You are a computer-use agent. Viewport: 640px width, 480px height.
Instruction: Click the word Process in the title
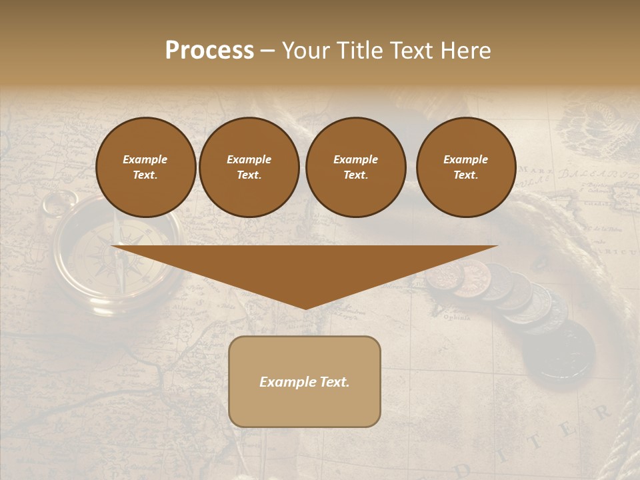(x=209, y=51)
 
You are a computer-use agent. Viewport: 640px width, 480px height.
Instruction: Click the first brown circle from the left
(x=145, y=167)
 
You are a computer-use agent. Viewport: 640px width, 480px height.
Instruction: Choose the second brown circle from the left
(x=249, y=167)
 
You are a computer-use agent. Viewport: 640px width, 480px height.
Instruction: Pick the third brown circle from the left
(x=355, y=167)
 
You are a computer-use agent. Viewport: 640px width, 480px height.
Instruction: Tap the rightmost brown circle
(x=466, y=167)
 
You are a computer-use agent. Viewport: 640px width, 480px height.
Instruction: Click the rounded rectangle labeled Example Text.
(x=305, y=381)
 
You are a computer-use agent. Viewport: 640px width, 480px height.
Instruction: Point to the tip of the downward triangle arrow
(x=305, y=308)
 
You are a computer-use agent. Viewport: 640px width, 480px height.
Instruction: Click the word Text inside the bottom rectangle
(x=333, y=382)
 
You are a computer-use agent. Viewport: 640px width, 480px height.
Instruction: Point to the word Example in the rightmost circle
(x=466, y=159)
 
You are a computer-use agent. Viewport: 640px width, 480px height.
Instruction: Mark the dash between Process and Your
(x=267, y=51)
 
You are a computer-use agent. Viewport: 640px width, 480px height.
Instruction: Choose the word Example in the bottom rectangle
(x=287, y=382)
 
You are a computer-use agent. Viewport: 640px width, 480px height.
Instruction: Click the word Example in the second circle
(x=249, y=159)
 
